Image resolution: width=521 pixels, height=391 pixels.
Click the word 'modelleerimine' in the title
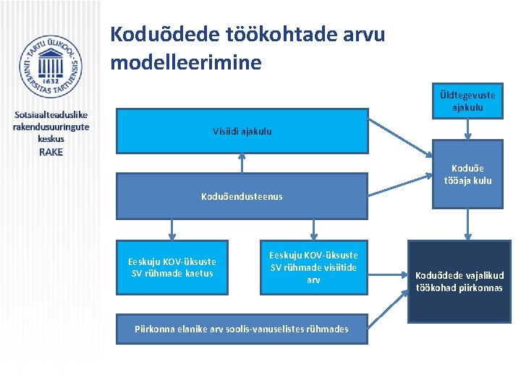tap(185, 62)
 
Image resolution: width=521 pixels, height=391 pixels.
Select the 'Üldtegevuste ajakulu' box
tap(467, 101)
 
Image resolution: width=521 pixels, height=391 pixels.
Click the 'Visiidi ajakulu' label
tap(242, 131)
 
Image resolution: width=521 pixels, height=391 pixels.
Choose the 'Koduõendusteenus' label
tap(242, 195)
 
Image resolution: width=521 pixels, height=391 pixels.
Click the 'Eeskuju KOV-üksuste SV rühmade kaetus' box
tap(172, 267)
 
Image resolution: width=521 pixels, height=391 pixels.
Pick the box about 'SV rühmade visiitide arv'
tap(313, 267)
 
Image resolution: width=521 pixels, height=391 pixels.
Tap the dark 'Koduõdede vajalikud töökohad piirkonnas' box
tap(459, 281)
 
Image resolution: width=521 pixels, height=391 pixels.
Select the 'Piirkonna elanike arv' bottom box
tap(242, 329)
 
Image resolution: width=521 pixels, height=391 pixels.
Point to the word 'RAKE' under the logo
tap(51, 152)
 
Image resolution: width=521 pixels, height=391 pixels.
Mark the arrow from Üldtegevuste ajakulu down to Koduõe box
tap(467, 129)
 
